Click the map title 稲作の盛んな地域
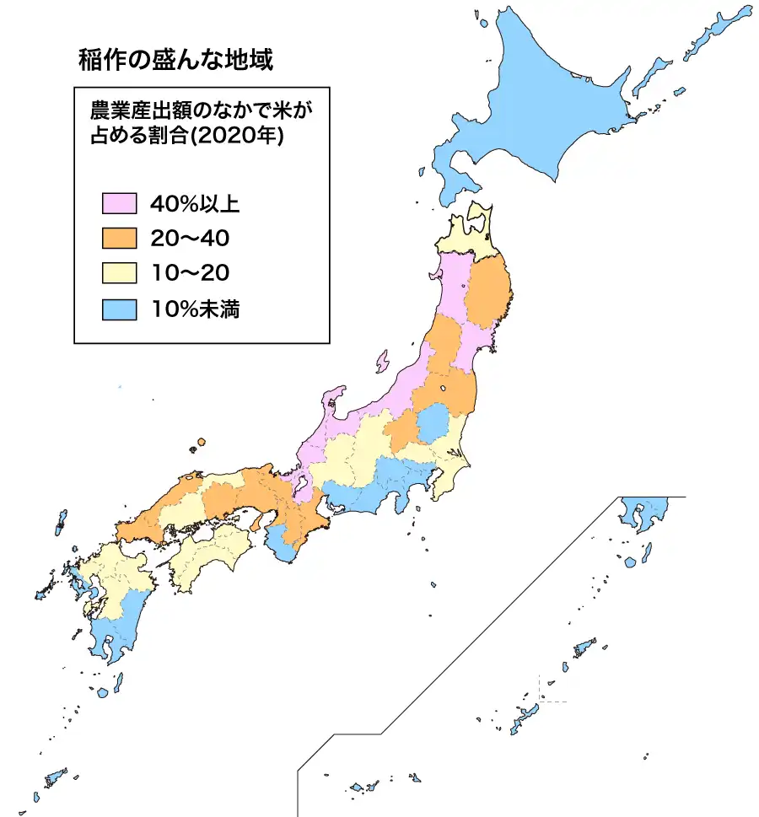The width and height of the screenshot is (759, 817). (175, 61)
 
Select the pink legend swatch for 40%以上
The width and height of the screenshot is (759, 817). (119, 203)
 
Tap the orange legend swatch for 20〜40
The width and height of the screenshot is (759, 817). (119, 239)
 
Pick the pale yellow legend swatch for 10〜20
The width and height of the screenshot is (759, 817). (119, 273)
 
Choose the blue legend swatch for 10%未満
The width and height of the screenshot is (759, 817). (119, 309)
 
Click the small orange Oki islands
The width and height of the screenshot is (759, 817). (201, 443)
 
